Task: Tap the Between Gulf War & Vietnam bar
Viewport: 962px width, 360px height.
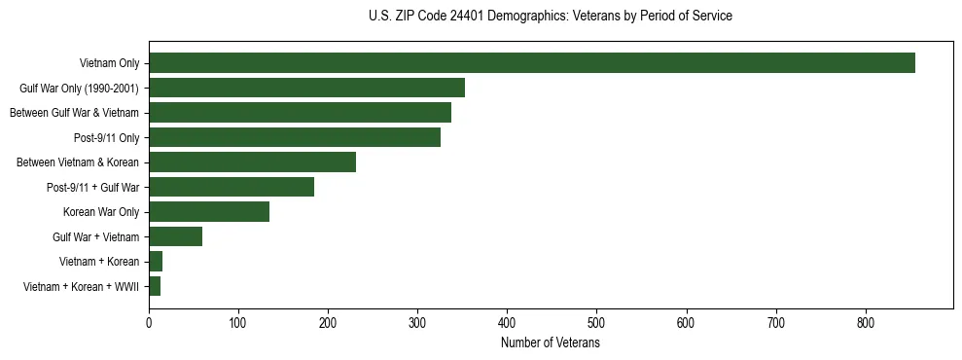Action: coord(300,113)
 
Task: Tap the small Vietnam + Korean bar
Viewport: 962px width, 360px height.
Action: coord(156,262)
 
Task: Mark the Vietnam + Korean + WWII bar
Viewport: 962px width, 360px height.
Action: coord(155,286)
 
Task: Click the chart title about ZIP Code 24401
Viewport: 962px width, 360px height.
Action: coord(551,17)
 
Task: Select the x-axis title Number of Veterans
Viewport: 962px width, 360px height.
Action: coord(551,343)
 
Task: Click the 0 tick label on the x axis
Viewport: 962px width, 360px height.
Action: coord(149,321)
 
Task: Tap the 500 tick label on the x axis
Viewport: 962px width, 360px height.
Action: coord(597,321)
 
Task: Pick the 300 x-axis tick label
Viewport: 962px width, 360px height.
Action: coord(418,321)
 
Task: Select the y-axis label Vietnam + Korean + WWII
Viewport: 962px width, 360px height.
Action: coord(81,286)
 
